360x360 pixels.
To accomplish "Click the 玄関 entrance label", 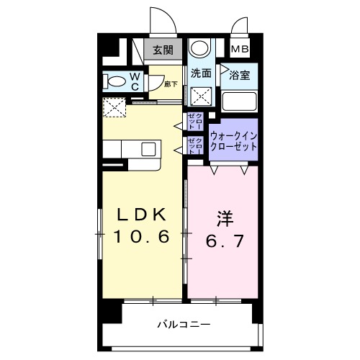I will click(x=163, y=50).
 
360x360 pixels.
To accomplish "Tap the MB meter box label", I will click(x=240, y=50).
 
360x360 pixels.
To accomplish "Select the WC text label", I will click(x=133, y=81).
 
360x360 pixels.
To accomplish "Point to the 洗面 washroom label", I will click(x=201, y=73).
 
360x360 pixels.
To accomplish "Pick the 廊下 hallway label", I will click(x=170, y=84).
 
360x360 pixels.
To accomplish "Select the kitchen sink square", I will click(x=148, y=149).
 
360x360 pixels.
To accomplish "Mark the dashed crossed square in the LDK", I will click(x=113, y=107).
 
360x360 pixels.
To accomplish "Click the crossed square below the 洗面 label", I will click(x=202, y=95).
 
